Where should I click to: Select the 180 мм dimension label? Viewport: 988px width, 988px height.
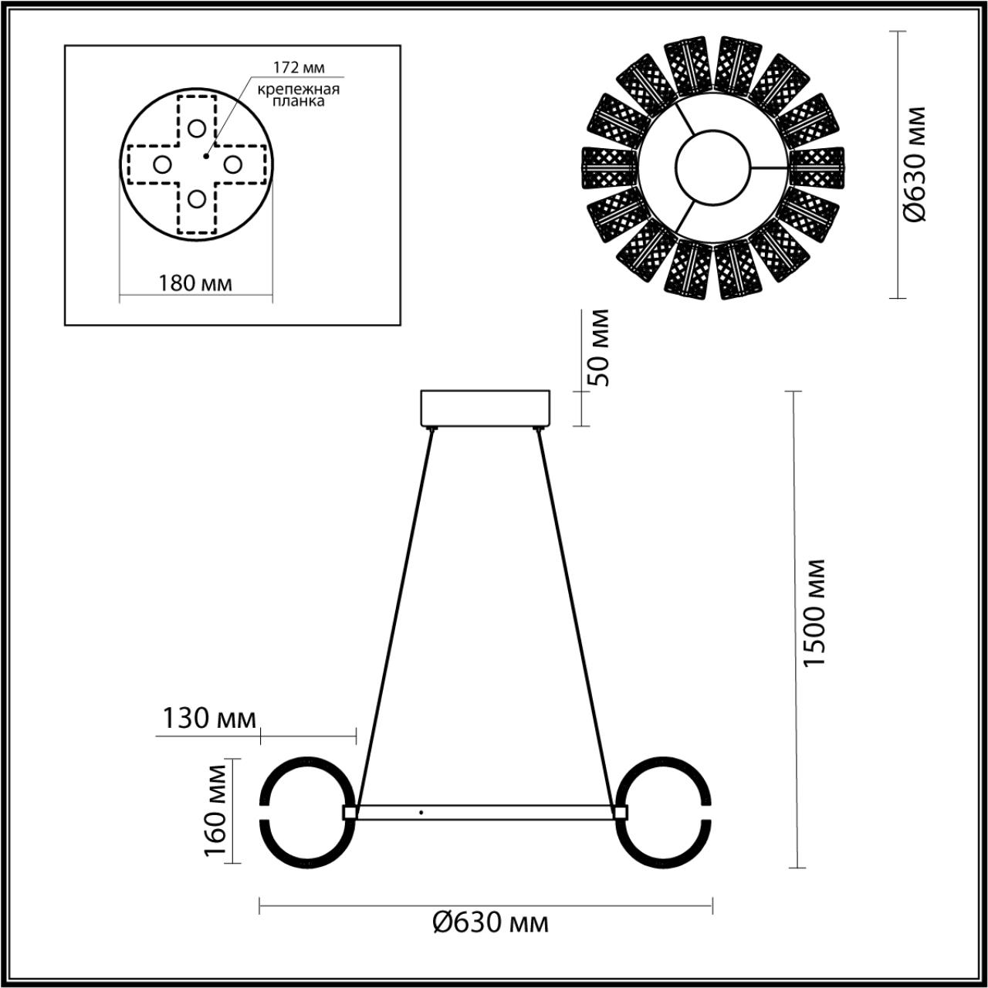click(195, 283)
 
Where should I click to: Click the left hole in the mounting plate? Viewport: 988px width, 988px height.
click(162, 164)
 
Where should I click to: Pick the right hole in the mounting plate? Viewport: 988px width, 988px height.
click(232, 164)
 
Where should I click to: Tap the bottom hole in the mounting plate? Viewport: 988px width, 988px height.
click(197, 199)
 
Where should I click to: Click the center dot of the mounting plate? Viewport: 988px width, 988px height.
click(205, 156)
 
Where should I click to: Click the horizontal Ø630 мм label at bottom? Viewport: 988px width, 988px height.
click(491, 922)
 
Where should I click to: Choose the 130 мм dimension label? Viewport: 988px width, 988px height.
click(208, 719)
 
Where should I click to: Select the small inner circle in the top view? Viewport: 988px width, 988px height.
click(712, 165)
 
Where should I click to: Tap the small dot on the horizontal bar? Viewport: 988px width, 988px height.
click(421, 812)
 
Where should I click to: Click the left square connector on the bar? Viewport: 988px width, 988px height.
click(349, 812)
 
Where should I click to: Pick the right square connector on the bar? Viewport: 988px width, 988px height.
click(619, 812)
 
